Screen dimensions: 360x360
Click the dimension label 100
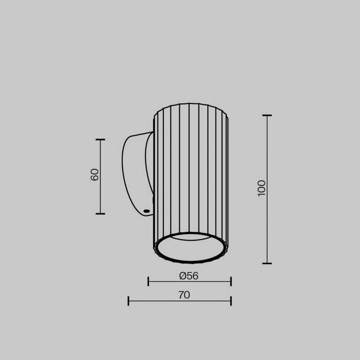(262, 188)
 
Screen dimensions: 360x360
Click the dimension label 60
(94, 175)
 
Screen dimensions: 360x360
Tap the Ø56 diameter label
(189, 276)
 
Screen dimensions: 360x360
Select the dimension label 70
(184, 295)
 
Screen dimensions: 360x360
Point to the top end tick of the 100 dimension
(267, 116)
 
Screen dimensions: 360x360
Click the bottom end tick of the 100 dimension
(267, 263)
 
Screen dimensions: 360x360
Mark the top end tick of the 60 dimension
(100, 139)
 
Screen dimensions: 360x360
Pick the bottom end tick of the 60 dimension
(100, 214)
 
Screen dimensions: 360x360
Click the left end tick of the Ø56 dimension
(148, 282)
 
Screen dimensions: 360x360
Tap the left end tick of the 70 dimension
(128, 301)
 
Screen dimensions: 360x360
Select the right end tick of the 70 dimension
(231, 301)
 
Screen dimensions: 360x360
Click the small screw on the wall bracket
(146, 211)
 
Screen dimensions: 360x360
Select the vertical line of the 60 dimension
(100, 193)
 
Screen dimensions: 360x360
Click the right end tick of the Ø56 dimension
(231, 282)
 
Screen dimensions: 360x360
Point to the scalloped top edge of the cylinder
(190, 105)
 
